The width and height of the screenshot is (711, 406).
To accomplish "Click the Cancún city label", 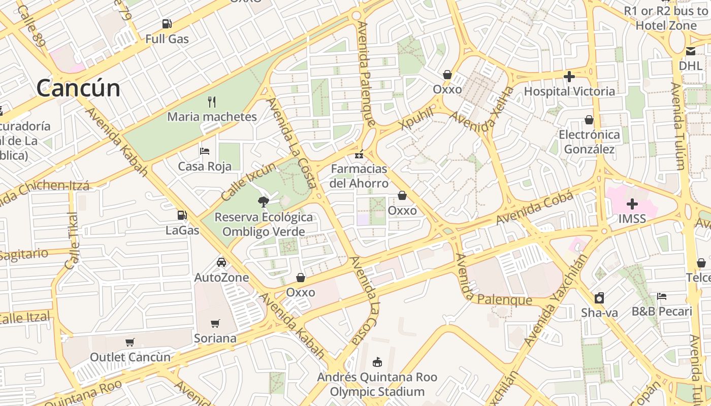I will coord(78,88).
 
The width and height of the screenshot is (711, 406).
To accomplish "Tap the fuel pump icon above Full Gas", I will coord(167,23).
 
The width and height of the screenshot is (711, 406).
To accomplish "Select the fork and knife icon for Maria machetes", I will coord(212,102).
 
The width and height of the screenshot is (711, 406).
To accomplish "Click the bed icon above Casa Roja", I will coord(205,151).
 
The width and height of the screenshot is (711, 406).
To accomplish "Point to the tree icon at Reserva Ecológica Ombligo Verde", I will coord(263,202).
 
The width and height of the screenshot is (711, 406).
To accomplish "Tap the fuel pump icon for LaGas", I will coord(182,215).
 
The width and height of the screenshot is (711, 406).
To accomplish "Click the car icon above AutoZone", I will coord(221,262).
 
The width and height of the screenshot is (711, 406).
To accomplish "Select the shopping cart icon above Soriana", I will coord(215,323).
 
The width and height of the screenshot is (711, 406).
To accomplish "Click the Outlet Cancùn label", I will coord(131,357).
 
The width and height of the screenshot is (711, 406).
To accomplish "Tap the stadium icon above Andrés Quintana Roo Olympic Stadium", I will coord(377,362).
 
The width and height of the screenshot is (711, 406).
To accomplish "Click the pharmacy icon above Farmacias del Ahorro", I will coord(359,154).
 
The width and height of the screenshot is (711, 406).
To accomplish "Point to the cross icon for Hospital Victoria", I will coord(569,77).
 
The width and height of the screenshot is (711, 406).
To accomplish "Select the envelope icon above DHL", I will coord(690,51).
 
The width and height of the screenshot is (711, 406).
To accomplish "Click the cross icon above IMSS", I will coord(632,204).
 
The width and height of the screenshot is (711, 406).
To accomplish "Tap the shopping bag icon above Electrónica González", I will coord(589,120).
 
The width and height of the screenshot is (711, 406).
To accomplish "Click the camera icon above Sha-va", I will coord(599,298).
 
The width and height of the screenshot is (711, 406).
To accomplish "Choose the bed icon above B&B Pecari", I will coord(661,296).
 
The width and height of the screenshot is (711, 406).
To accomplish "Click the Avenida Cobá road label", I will coord(535,208).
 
